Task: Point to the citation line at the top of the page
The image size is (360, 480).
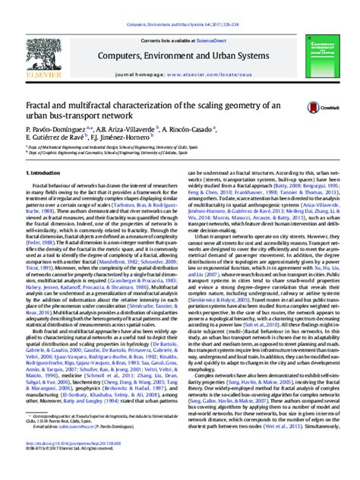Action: click(179, 5)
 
